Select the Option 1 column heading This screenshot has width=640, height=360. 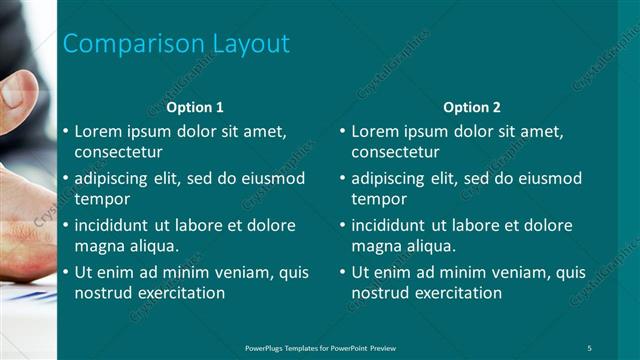pyautogui.click(x=195, y=107)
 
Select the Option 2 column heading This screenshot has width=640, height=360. pyautogui.click(x=472, y=107)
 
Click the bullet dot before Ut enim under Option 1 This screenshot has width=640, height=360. pyautogui.click(x=65, y=272)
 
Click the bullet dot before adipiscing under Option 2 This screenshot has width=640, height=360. pyautogui.click(x=342, y=178)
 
